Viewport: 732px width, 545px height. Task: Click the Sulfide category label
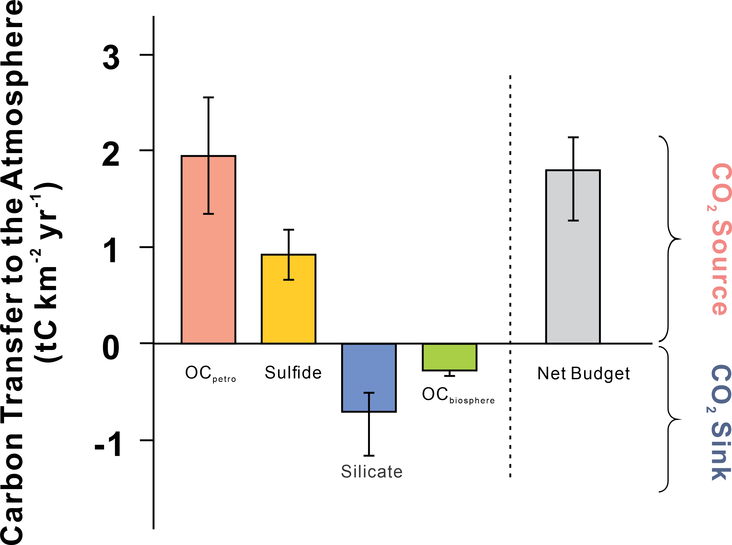click(293, 373)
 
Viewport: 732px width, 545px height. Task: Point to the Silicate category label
click(371, 471)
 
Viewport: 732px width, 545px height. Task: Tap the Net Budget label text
click(583, 374)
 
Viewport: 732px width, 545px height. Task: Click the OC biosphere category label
click(458, 395)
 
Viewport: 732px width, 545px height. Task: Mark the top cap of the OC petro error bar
click(208, 98)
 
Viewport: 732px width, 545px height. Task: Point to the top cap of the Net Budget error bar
click(573, 137)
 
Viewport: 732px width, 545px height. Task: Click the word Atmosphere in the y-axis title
click(13, 96)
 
